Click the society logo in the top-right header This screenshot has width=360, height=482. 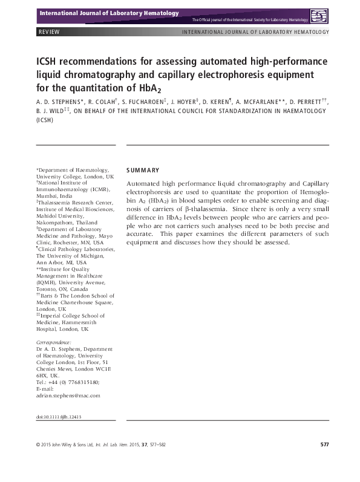pos(318,16)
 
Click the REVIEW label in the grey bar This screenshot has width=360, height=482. pos(49,32)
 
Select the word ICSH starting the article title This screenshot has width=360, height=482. pos(49,63)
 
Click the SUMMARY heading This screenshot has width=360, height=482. pos(143,170)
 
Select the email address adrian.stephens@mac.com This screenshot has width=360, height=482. pos(68,395)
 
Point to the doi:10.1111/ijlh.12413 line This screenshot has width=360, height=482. pos(59,417)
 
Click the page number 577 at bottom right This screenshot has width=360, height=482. pos(324,445)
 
